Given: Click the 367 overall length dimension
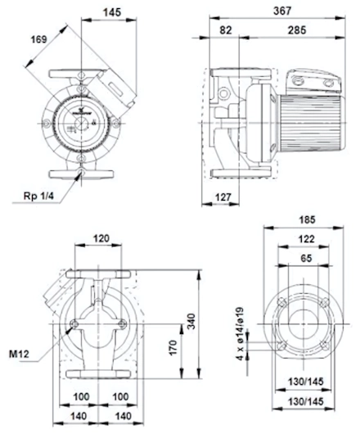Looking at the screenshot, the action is point(282,11).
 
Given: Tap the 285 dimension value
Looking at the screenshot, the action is point(297,30).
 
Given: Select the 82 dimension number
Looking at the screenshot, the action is point(226,30).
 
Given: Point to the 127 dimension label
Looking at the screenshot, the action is point(223,197).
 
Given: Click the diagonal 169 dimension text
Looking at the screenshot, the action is point(39,39).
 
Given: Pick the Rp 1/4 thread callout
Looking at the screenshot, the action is point(38,197).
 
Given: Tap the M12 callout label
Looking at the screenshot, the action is point(19,354).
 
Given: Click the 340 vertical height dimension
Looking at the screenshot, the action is point(191,321).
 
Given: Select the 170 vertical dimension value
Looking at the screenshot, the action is point(173,348).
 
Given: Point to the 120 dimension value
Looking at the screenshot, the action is point(101,238).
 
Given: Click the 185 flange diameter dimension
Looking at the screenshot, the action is point(307,219).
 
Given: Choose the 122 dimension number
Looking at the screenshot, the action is point(306,239).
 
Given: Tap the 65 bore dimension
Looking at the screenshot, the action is point(306,258).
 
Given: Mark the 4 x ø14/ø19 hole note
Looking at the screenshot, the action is point(241,333).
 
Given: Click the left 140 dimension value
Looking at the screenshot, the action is point(79,416).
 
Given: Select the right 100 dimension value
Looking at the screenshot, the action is point(120,396).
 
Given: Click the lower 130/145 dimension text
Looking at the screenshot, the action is point(305,401).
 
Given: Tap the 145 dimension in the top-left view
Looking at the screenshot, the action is point(112,12).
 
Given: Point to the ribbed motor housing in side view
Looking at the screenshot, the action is point(313,123).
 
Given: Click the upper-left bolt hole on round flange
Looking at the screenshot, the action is point(281,302).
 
